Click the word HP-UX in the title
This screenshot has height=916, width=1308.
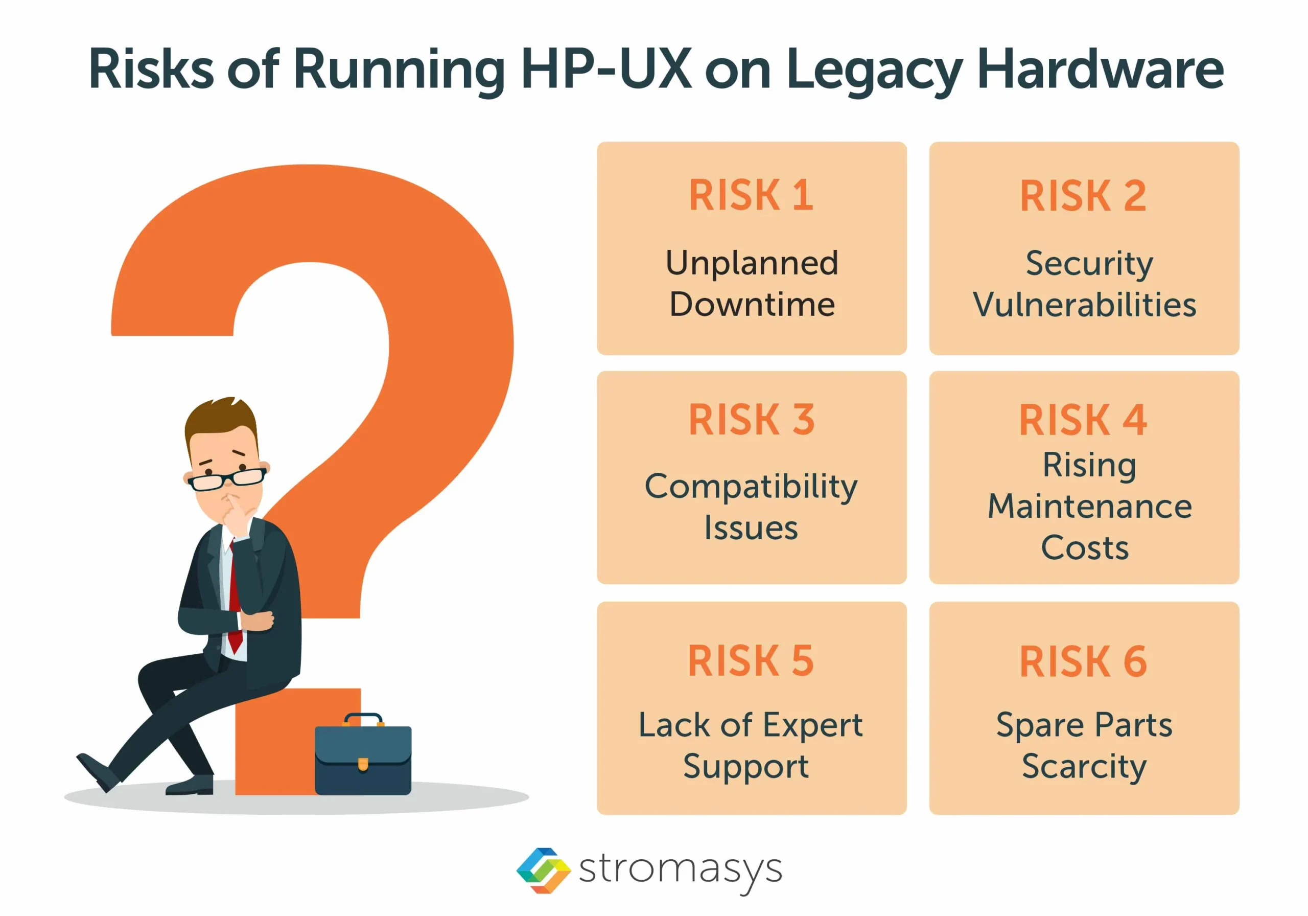click(605, 69)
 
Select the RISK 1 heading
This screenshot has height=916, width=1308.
click(751, 195)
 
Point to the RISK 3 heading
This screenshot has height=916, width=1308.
click(752, 420)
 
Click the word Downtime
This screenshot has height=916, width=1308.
click(752, 304)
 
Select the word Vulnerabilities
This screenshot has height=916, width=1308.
click(1084, 304)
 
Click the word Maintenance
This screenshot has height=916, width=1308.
click(1090, 506)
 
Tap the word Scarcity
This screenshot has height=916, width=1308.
click(1084, 767)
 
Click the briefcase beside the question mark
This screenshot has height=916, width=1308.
click(363, 754)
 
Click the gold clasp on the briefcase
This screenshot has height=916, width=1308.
click(363, 764)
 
